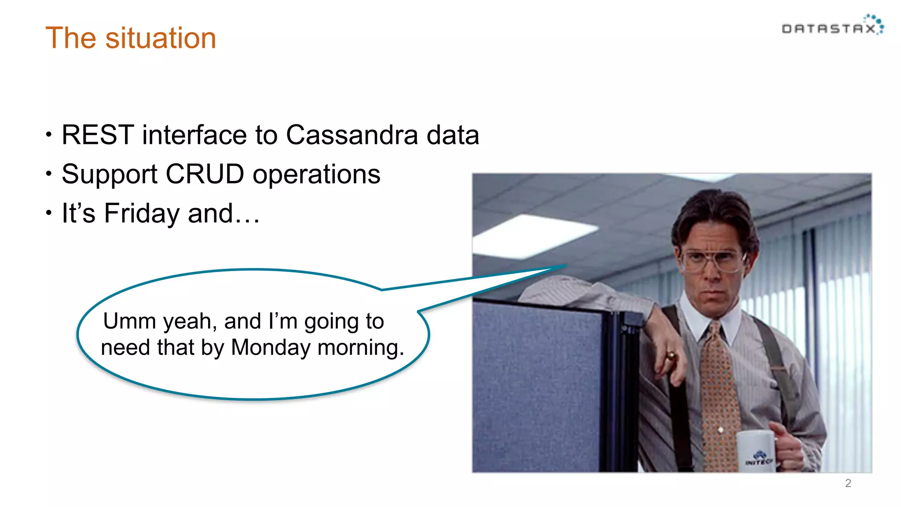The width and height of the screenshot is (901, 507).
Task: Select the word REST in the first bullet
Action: click(x=98, y=135)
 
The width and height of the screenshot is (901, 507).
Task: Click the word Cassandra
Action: click(x=352, y=135)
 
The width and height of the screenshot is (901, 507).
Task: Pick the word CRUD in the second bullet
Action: click(x=205, y=174)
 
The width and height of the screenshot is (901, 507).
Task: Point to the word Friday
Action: click(x=142, y=213)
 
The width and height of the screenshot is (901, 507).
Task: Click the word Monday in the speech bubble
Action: click(x=271, y=347)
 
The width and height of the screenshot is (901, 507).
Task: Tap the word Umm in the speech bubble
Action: click(x=131, y=321)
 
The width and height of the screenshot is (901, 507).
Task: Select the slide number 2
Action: click(x=848, y=483)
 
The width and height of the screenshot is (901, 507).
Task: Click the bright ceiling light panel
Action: click(x=535, y=235)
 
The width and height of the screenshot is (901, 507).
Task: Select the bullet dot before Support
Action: click(x=49, y=174)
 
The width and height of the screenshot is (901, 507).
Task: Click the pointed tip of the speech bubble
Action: click(x=564, y=265)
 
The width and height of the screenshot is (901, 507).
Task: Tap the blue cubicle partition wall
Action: click(x=537, y=387)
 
